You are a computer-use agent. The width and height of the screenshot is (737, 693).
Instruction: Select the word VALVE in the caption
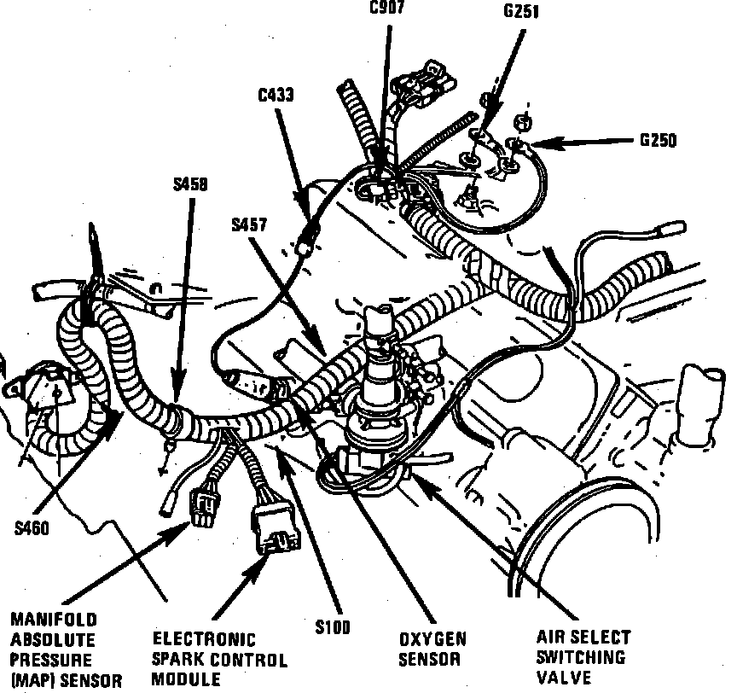coord(565,678)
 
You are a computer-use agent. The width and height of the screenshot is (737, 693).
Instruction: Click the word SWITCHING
coord(581,658)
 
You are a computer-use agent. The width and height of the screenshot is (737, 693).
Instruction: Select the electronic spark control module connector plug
coord(270,530)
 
